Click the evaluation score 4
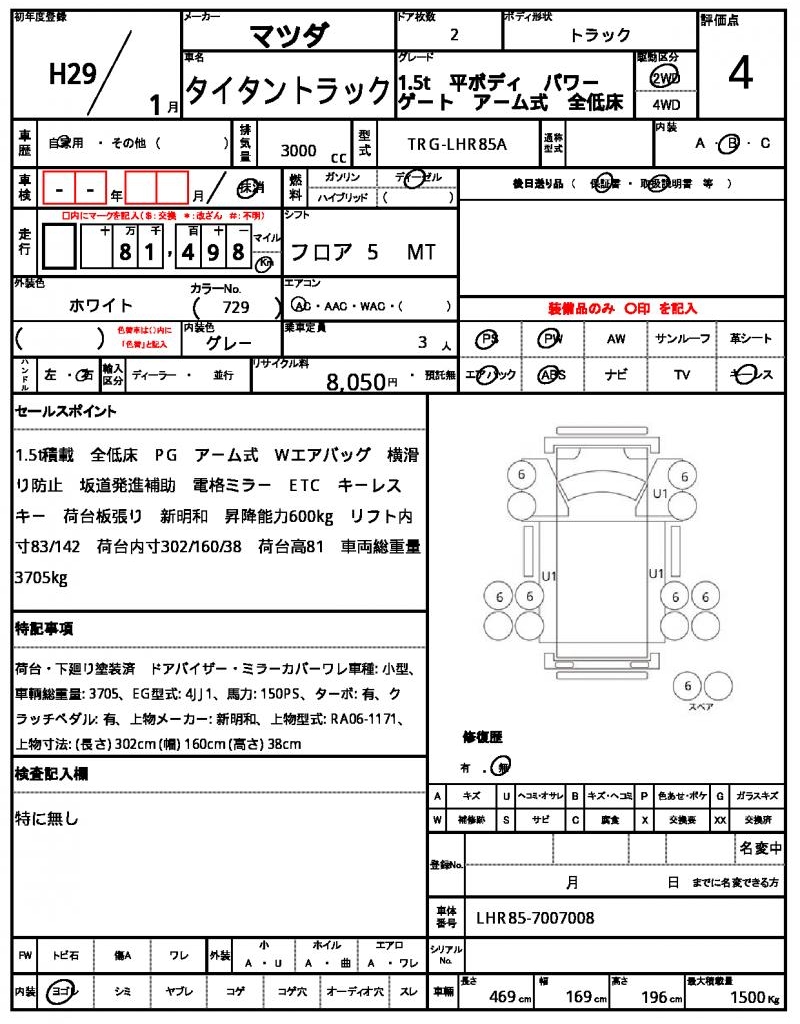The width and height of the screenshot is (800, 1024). pyautogui.click(x=740, y=75)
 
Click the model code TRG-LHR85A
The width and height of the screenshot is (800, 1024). pyautogui.click(x=457, y=144)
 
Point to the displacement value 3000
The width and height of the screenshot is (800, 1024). pyautogui.click(x=298, y=151)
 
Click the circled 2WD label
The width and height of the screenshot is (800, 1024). pyautogui.click(x=662, y=78)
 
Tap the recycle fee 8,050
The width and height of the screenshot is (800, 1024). pyautogui.click(x=355, y=381)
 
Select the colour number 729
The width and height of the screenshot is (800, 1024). pyautogui.click(x=236, y=308)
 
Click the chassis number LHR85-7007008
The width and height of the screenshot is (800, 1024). pyautogui.click(x=534, y=917)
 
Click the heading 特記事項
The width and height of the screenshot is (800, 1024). pyautogui.click(x=44, y=629)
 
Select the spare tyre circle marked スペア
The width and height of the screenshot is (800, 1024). pyautogui.click(x=687, y=686)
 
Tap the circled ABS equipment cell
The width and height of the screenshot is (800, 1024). pyautogui.click(x=551, y=375)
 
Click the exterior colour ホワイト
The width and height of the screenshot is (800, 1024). pyautogui.click(x=101, y=306)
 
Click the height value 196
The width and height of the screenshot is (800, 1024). pyautogui.click(x=657, y=996)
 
